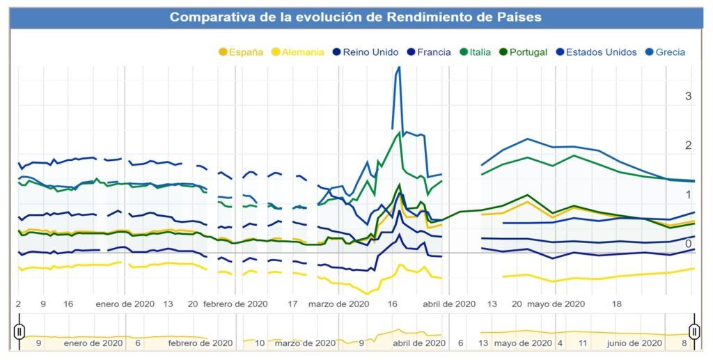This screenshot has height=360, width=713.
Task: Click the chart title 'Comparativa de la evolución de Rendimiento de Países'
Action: (356, 17)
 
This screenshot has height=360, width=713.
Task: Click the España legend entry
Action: (242, 52)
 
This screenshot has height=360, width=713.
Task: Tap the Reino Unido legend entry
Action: (365, 52)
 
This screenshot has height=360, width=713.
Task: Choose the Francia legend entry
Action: (428, 52)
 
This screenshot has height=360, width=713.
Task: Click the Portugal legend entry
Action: (522, 52)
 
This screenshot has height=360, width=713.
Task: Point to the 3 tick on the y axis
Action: (688, 96)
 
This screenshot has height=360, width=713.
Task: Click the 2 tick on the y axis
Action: (688, 146)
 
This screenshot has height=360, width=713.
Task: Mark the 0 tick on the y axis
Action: (688, 244)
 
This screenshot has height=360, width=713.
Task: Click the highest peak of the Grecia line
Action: (398, 68)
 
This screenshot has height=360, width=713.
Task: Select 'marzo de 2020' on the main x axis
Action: (338, 304)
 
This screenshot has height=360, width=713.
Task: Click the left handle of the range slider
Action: (19, 331)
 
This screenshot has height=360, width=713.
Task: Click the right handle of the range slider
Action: (694, 331)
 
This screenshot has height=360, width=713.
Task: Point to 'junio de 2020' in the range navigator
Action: (634, 343)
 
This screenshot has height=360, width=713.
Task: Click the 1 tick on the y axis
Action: (688, 194)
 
